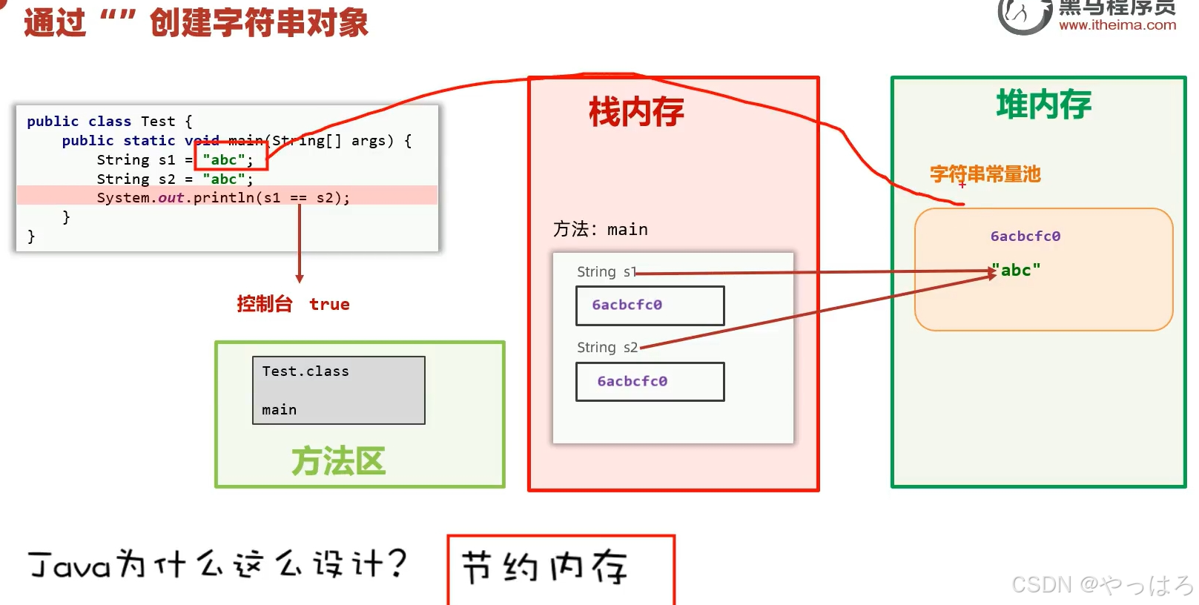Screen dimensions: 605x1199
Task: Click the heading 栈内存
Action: [x=636, y=113]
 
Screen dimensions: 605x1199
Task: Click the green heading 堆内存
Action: [x=1043, y=105]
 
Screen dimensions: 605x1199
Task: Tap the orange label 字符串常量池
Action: [x=985, y=174]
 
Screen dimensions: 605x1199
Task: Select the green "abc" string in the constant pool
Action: [x=1017, y=271]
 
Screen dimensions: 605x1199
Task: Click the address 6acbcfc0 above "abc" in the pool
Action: [x=1025, y=237]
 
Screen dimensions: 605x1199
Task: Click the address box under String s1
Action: [x=650, y=305]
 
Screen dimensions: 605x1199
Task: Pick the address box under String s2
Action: [x=650, y=382]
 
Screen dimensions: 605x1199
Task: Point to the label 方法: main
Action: [x=600, y=230]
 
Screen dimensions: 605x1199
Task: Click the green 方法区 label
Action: [x=338, y=461]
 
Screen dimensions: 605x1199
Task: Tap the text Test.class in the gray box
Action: [x=305, y=371]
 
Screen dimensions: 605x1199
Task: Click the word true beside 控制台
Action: [x=329, y=305]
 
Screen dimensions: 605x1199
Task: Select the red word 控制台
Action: [x=264, y=304]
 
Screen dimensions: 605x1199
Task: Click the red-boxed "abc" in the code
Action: [x=224, y=160]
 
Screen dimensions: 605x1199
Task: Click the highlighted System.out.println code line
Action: [x=223, y=198]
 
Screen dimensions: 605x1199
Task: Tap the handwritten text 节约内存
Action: [x=545, y=568]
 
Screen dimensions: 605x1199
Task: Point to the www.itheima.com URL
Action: [x=1117, y=25]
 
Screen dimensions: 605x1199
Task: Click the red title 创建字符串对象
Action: [x=259, y=22]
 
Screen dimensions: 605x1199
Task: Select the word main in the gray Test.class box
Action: [x=279, y=410]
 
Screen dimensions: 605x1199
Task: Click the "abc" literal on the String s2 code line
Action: [x=224, y=179]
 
